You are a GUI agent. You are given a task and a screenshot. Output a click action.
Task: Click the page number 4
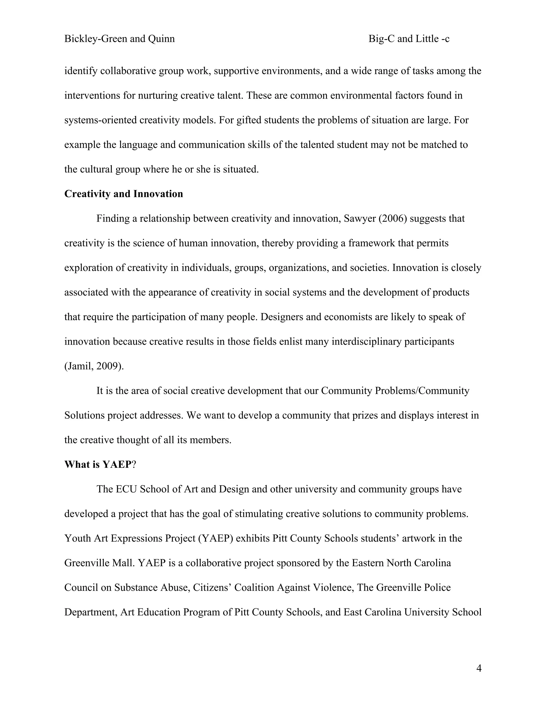click(479, 668)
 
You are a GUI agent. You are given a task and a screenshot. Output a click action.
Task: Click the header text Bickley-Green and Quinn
click(119, 39)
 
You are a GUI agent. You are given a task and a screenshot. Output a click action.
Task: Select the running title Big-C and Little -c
click(409, 39)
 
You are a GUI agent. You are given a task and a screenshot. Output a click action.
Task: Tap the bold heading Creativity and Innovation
click(123, 194)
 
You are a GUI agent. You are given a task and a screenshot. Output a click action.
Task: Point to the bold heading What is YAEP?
click(100, 465)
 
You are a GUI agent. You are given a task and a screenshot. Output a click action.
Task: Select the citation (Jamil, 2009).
click(94, 366)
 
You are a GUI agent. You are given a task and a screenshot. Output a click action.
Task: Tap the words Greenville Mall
click(99, 563)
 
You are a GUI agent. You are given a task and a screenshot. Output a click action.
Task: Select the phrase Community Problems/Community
click(395, 391)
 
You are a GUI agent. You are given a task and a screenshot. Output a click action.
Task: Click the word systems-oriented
click(101, 120)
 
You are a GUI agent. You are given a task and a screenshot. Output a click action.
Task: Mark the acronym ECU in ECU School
click(126, 489)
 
